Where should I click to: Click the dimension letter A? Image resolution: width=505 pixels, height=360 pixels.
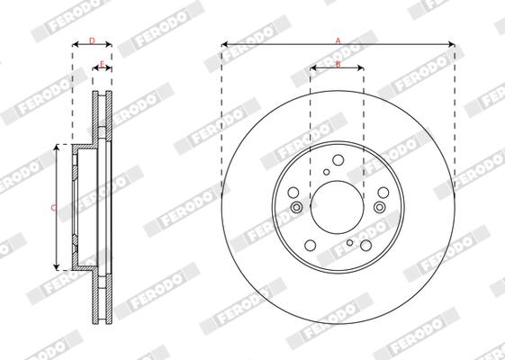coord(338,40)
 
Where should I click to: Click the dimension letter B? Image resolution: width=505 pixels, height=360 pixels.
coord(338,64)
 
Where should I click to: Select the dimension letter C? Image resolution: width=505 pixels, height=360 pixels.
coord(53,208)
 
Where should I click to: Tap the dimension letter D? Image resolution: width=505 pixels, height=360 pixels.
coord(92,41)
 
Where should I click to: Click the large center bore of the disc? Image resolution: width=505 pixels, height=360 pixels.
coord(338,208)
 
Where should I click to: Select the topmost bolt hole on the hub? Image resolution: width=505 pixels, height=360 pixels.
coord(338,158)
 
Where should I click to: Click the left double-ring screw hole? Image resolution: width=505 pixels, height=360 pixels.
coord(296,208)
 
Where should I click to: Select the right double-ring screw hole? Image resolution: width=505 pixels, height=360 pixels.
coord(379,208)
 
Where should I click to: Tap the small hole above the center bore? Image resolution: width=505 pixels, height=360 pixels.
coord(326,172)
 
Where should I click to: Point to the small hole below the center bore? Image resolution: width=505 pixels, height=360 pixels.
coord(349,242)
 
